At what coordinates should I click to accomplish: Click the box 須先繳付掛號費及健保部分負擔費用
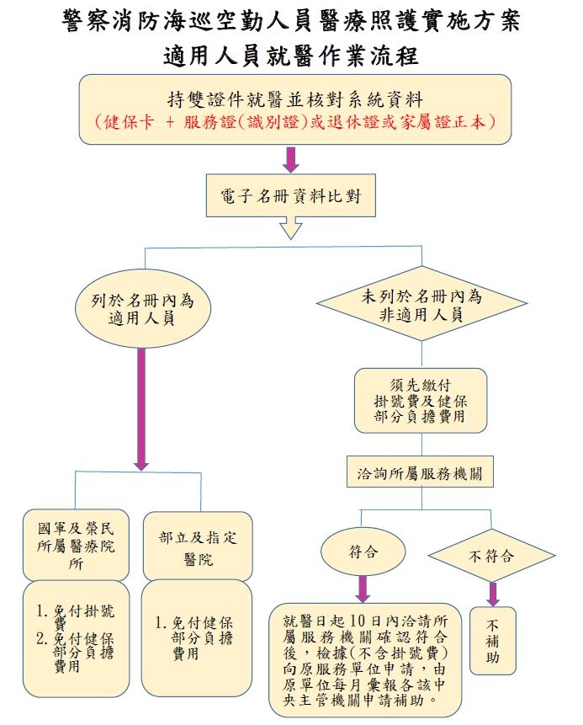pyautogui.click(x=420, y=400)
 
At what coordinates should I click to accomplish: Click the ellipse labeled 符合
pyautogui.click(x=363, y=552)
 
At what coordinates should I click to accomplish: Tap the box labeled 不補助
pyautogui.click(x=493, y=641)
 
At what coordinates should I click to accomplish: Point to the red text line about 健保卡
pyautogui.click(x=294, y=120)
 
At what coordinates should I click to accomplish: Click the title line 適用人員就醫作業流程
pyautogui.click(x=291, y=56)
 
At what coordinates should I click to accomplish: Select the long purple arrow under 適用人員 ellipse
pyautogui.click(x=141, y=408)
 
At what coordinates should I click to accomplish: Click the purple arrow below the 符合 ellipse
pyautogui.click(x=363, y=587)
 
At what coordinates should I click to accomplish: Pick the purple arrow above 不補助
pyautogui.click(x=493, y=593)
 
